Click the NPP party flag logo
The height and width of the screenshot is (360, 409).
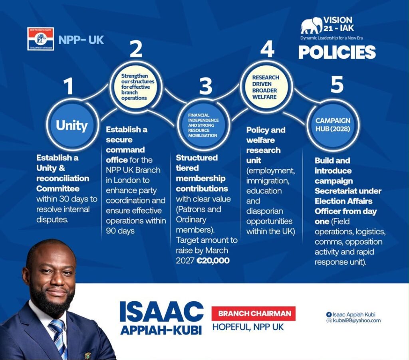40,39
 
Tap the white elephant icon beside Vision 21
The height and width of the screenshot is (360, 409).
312,26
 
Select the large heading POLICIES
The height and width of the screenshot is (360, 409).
337,52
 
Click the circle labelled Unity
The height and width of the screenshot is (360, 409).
72,125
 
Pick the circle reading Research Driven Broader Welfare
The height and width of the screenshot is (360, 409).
266,87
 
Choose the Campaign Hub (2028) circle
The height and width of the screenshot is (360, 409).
333,125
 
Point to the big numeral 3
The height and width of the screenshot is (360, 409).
206,86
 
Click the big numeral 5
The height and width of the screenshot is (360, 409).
337,85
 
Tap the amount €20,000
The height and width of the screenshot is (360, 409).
213,260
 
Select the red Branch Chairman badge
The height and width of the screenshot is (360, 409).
254,314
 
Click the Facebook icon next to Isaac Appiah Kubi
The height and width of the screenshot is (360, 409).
329,315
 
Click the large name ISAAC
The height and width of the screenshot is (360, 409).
161,312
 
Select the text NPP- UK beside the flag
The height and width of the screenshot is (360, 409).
81,40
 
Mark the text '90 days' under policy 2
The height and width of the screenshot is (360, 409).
120,231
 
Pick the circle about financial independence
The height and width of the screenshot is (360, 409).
203,125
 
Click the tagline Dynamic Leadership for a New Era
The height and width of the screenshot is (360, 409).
332,38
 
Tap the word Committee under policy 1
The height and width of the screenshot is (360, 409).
58,188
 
